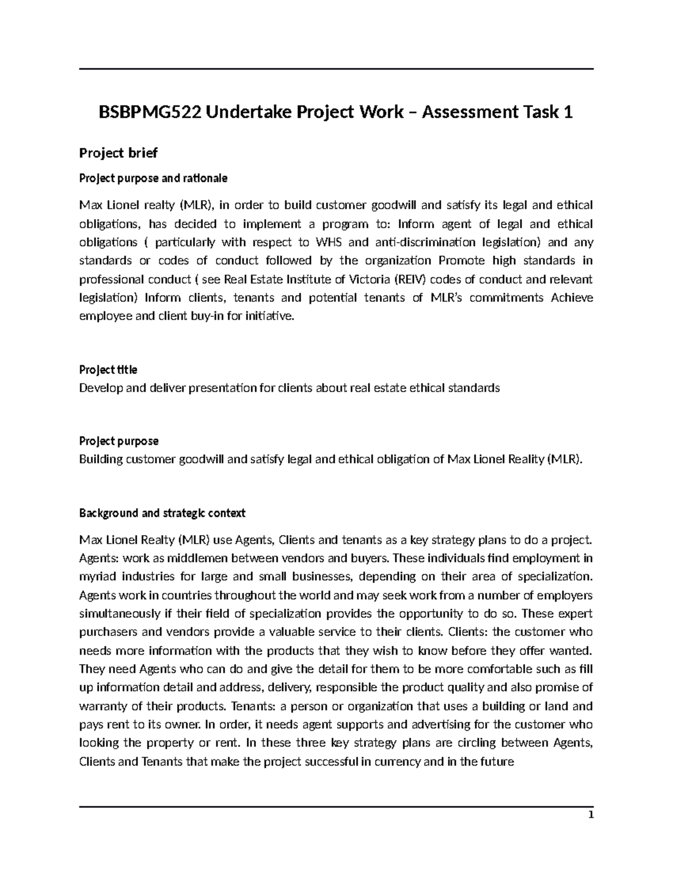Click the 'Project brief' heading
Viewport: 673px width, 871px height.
118,153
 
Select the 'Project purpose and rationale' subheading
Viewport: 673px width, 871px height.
153,178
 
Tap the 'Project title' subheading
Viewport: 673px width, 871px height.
108,370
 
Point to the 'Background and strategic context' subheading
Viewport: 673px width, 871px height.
162,513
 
